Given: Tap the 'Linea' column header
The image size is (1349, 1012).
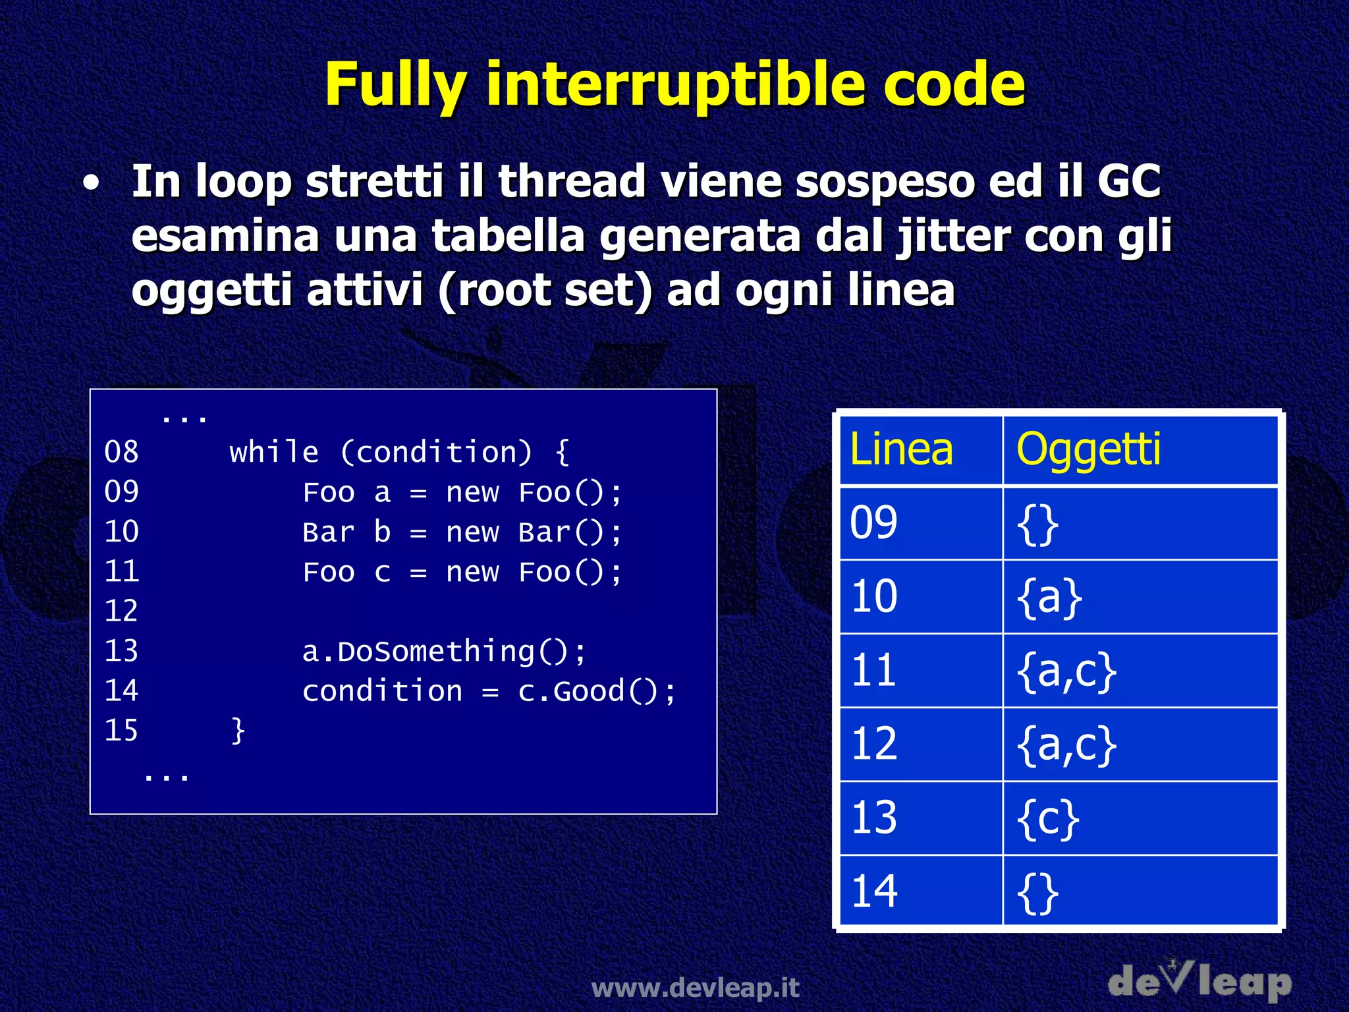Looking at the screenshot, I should pyautogui.click(x=901, y=449).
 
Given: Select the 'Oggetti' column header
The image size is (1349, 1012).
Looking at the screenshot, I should pyautogui.click(x=1087, y=449).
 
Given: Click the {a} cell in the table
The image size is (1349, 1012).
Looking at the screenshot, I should pyautogui.click(x=1049, y=597).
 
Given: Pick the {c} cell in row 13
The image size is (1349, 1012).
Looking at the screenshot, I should pyautogui.click(x=1047, y=818).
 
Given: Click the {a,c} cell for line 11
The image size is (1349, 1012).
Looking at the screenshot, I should pyautogui.click(x=1066, y=671).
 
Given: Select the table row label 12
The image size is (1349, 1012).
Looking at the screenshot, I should pyautogui.click(x=874, y=745).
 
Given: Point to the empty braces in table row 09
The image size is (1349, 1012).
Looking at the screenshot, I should pyautogui.click(x=1037, y=524).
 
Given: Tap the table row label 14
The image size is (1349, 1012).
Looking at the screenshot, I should pyautogui.click(x=874, y=892).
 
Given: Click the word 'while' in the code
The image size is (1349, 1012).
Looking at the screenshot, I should pyautogui.click(x=274, y=453).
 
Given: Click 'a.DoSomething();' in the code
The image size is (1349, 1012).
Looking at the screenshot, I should pyautogui.click(x=444, y=652).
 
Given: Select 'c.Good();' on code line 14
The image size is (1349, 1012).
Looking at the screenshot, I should pyautogui.click(x=597, y=692).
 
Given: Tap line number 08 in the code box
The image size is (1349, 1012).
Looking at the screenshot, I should pyautogui.click(x=121, y=453).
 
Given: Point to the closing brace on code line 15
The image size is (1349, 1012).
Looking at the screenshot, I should pyautogui.click(x=238, y=731).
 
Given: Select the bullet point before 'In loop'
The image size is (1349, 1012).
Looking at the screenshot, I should pyautogui.click(x=92, y=184).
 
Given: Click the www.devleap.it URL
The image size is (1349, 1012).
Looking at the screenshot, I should pyautogui.click(x=695, y=988).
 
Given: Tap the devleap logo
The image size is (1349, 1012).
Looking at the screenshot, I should pyautogui.click(x=1199, y=981).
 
